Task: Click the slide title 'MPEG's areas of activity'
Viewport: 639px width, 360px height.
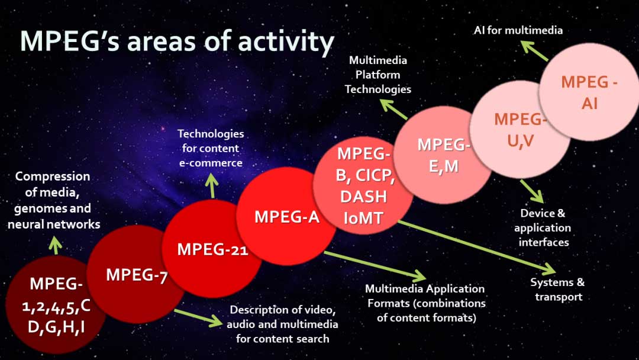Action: coord(177,41)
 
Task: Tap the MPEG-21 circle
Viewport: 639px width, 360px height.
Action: coord(212,249)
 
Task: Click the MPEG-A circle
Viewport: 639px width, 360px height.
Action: coord(286,217)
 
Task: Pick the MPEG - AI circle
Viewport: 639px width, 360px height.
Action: coord(589,92)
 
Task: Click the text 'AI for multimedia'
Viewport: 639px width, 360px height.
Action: coord(518,30)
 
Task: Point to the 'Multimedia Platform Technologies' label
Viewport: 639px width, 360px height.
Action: coord(378,75)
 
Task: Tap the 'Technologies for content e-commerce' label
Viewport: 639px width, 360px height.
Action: coord(211,148)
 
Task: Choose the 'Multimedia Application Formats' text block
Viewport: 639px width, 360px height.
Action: coord(425,303)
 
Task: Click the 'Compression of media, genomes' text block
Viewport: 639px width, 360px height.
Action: coord(53,200)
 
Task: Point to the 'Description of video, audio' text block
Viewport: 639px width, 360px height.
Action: coord(283,324)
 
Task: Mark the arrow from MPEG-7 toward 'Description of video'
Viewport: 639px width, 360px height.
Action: coord(197,318)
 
